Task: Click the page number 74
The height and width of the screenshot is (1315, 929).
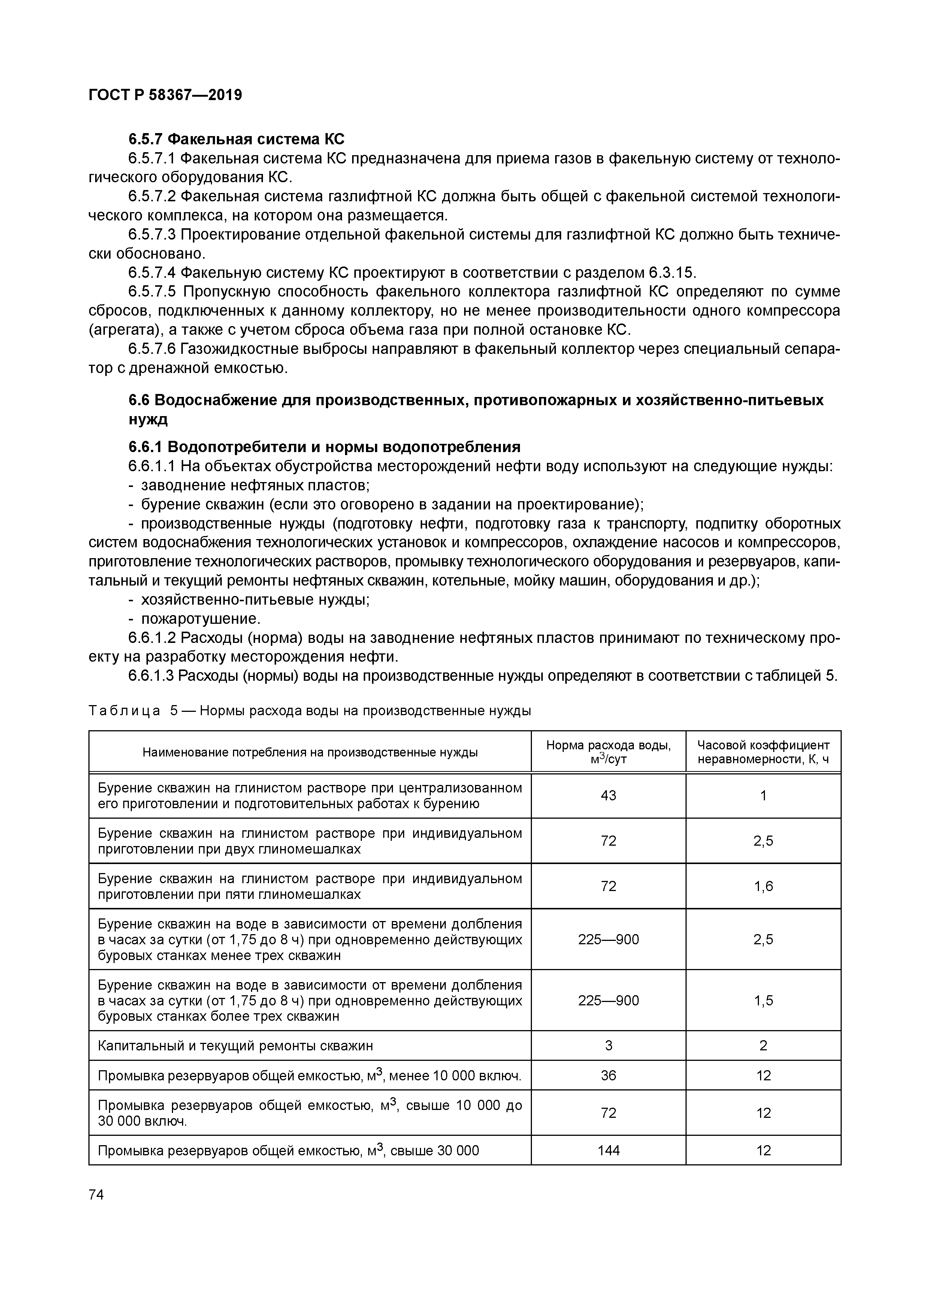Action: point(97,1194)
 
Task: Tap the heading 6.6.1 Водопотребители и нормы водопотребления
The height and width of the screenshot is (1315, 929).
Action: point(324,447)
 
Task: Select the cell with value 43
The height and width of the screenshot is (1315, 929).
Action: point(608,795)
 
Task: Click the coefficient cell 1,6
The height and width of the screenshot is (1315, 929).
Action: point(763,887)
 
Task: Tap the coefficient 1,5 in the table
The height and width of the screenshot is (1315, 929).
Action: point(763,1000)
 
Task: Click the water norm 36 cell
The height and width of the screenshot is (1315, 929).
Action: point(608,1075)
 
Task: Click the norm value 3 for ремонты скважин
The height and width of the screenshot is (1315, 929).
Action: point(608,1046)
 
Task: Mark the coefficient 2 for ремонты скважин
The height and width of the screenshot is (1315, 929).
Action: point(763,1046)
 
